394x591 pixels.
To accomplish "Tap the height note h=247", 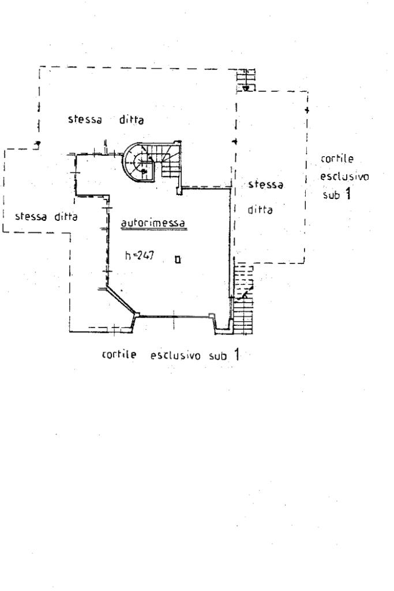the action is tap(139, 255).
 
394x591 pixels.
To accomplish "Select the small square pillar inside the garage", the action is tap(178, 259).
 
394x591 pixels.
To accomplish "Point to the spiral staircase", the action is tap(139, 161).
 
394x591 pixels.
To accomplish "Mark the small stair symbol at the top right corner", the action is tap(246, 80).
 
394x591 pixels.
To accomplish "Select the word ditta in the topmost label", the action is tap(131, 121).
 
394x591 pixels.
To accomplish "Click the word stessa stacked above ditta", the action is tap(266, 186).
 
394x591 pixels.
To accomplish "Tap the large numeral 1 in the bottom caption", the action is tap(235, 354).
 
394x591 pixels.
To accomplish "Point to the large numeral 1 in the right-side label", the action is tap(347, 194).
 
